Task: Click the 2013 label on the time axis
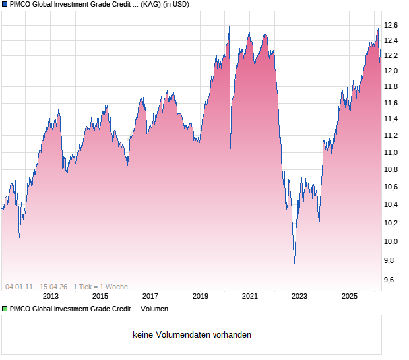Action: [50, 297]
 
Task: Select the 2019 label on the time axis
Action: [200, 297]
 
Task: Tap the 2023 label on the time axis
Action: [299, 297]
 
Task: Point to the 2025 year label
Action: [350, 297]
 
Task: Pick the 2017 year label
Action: [150, 297]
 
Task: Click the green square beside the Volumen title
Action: [5, 309]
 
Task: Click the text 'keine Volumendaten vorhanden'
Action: [192, 335]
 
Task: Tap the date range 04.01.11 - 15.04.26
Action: [36, 287]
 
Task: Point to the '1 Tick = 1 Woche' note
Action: [100, 287]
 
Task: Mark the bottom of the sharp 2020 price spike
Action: [230, 165]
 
